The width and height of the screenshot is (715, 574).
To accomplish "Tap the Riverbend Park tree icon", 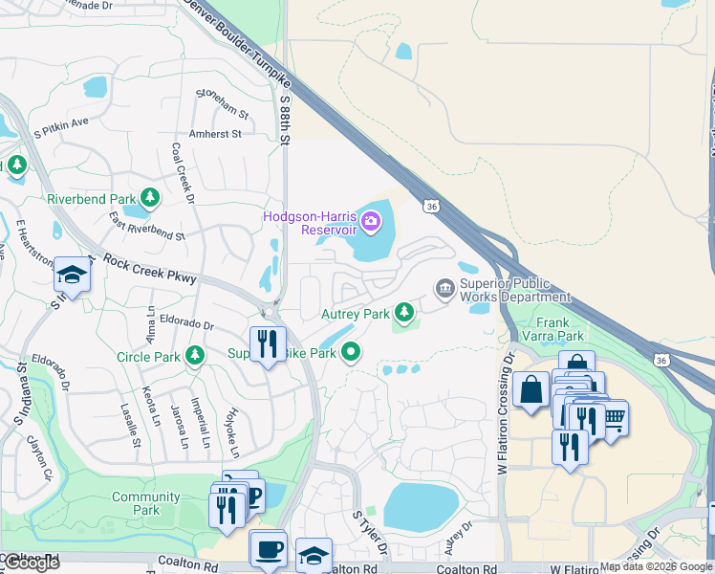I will click(149, 198).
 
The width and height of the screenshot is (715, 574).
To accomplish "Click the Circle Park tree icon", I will click(195, 356).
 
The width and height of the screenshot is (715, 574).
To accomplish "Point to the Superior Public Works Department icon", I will click(444, 288).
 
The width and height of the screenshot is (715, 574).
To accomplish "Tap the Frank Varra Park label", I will click(559, 329).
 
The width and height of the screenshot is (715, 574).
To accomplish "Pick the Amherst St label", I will click(215, 135).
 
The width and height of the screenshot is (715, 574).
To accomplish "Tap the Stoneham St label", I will click(222, 101).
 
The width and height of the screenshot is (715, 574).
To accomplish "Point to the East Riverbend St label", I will click(146, 228).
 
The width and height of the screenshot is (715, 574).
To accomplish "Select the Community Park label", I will click(145, 503).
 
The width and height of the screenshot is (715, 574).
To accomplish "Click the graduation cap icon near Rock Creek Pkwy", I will click(71, 276).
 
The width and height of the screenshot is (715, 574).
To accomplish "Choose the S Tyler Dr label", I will click(371, 534).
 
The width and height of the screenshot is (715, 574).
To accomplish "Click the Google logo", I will click(32, 563).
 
